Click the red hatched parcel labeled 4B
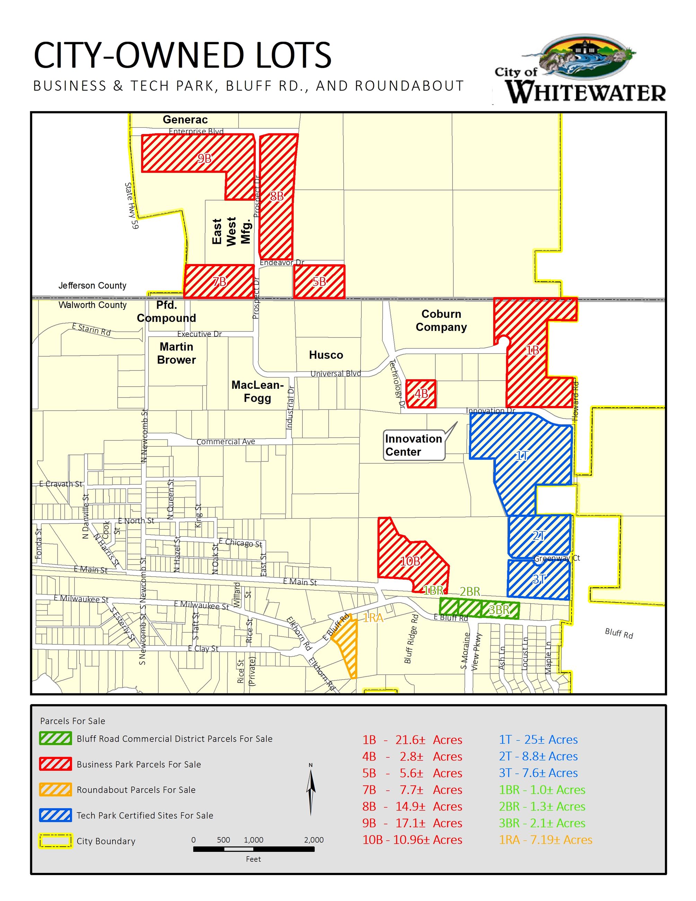pyautogui.click(x=421, y=394)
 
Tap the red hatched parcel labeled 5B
pyautogui.click(x=319, y=281)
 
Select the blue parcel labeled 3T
pyautogui.click(x=538, y=579)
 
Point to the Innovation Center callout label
pyautogui.click(x=413, y=445)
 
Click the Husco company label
pyautogui.click(x=326, y=355)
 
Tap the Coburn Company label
pyautogui.click(x=441, y=320)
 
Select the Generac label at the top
pyautogui.click(x=185, y=120)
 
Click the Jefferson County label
pyautogui.click(x=92, y=286)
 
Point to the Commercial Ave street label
pyautogui.click(x=226, y=441)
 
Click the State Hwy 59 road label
pyautogui.click(x=132, y=205)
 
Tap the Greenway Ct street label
pyautogui.click(x=556, y=558)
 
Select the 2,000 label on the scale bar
pyautogui.click(x=314, y=840)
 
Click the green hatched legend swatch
pyautogui.click(x=55, y=738)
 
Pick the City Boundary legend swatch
pyautogui.click(x=55, y=841)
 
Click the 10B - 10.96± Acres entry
pyautogui.click(x=412, y=840)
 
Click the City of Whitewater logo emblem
pyautogui.click(x=585, y=58)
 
